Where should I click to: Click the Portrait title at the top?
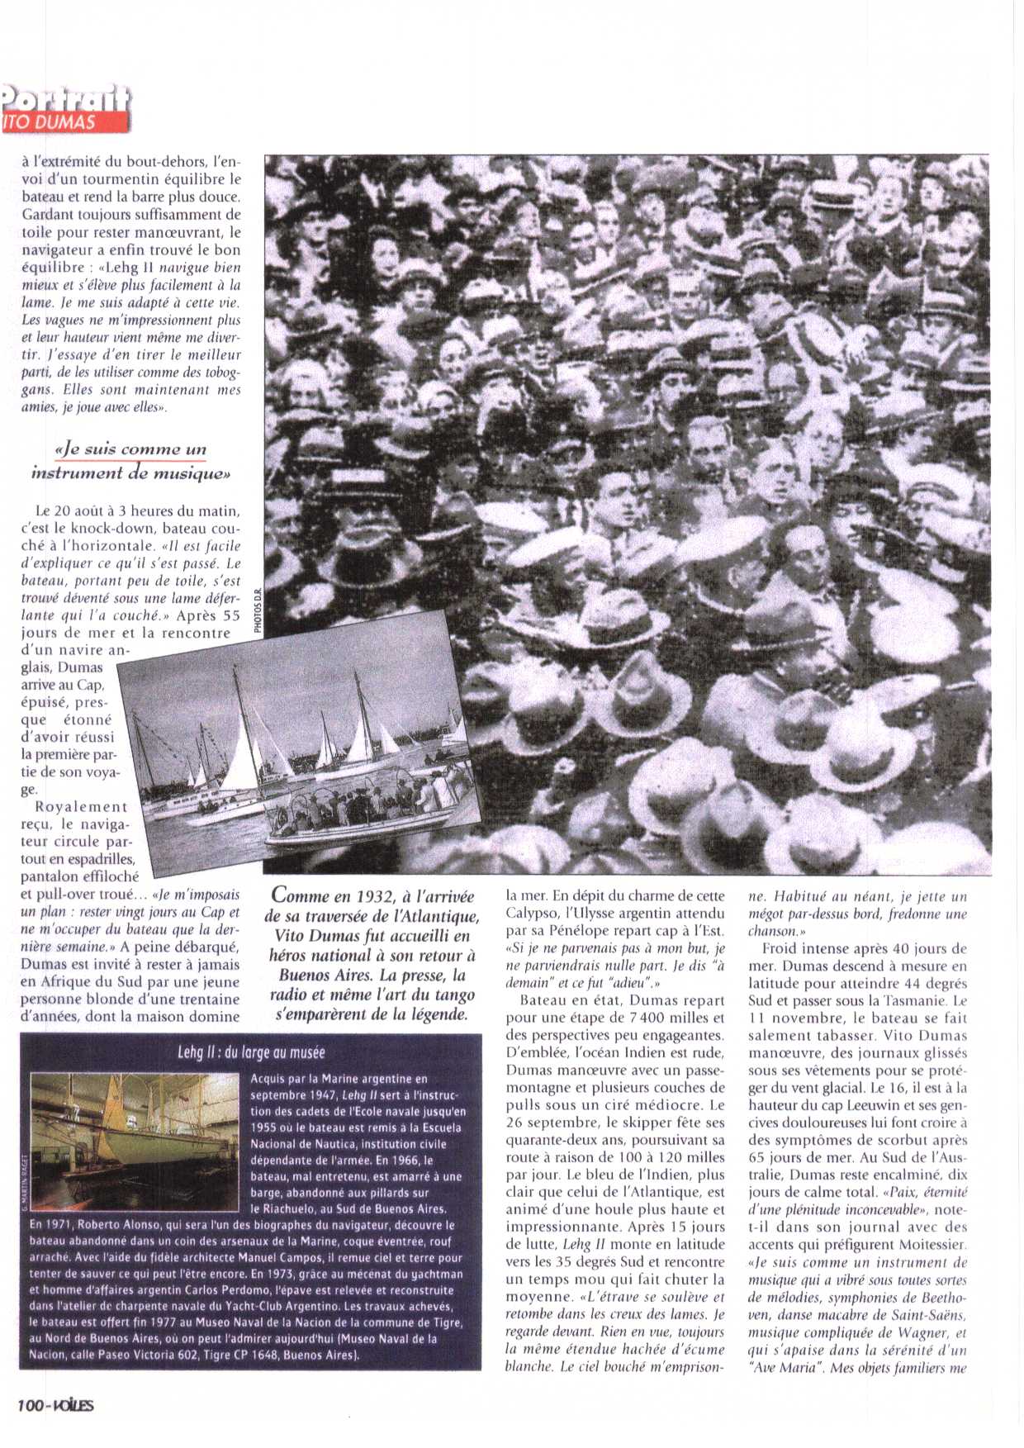66,98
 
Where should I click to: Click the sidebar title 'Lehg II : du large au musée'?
251,1053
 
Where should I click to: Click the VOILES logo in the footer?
73,1405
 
